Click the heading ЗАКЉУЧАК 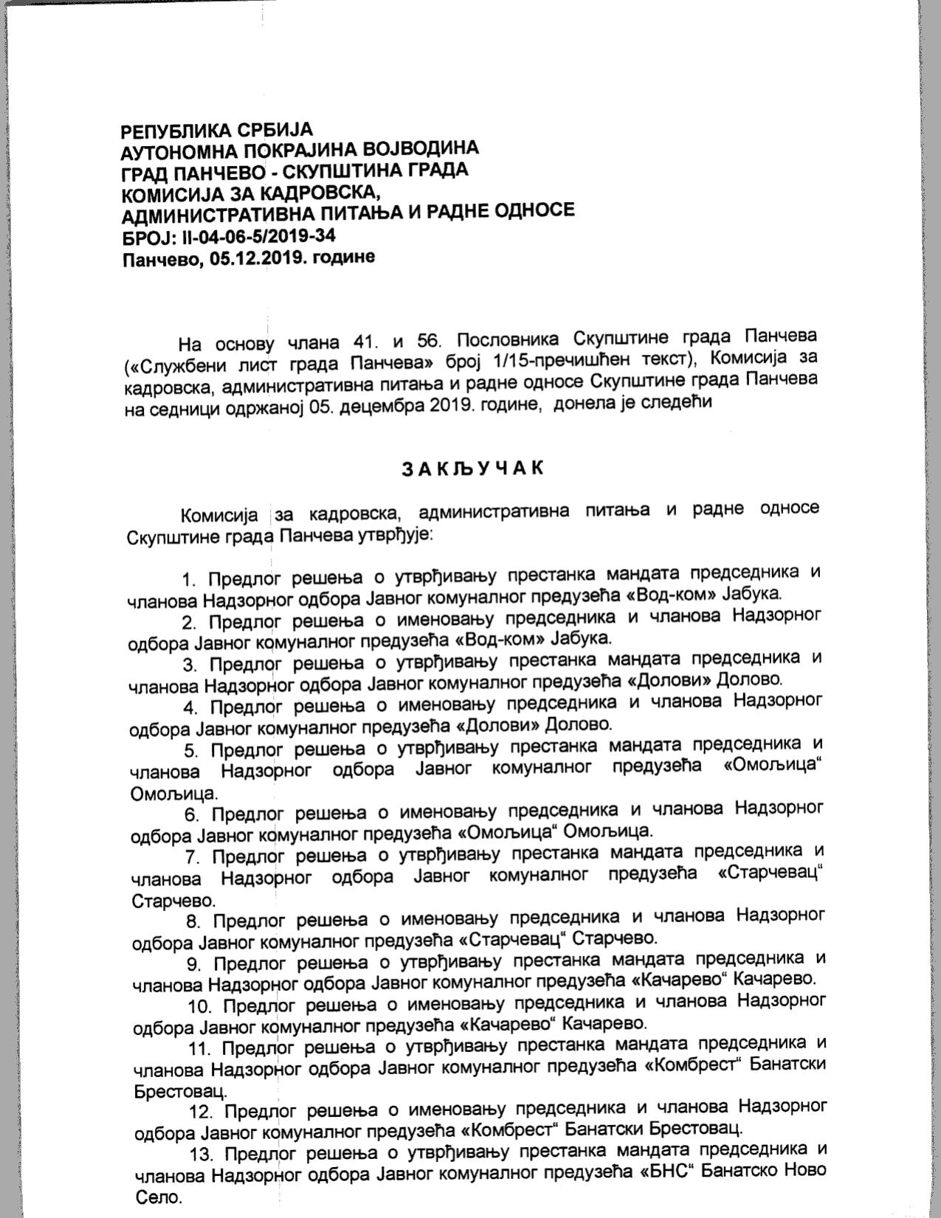pos(473,468)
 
